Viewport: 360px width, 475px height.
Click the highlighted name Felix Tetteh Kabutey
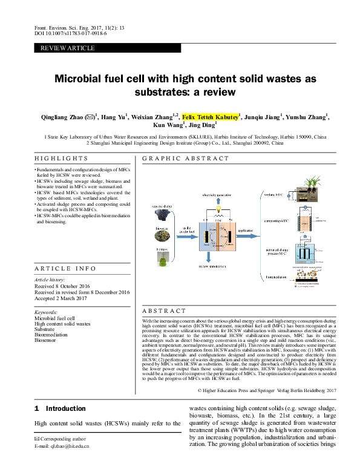click(x=211, y=117)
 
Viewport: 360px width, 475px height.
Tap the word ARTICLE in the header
click(x=81, y=48)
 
